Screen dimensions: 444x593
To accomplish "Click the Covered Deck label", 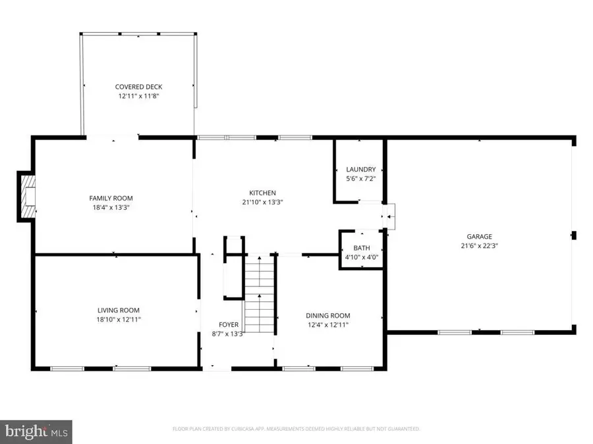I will click(138, 87).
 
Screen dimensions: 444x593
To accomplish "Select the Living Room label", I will click(119, 310).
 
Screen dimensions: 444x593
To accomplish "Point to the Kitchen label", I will click(262, 193).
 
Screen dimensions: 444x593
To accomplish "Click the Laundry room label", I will click(360, 169).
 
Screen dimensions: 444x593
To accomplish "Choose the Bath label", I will click(361, 248).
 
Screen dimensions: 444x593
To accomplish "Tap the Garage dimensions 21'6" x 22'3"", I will click(480, 246).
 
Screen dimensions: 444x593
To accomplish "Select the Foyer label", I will click(229, 325).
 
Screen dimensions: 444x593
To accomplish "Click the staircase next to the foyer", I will click(260, 296).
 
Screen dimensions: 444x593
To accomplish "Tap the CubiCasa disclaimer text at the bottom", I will click(296, 429).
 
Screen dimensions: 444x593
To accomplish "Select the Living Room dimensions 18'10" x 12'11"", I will click(119, 320).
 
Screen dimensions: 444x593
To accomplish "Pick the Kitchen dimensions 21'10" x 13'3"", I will click(262, 203).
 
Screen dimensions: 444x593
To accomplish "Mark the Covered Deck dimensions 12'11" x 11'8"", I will click(138, 96).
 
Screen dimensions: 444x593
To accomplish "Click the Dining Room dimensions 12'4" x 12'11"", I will click(327, 325).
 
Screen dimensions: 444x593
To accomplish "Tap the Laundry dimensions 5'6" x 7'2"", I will click(360, 178).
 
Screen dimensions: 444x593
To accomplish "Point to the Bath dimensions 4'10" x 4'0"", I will click(361, 257).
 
